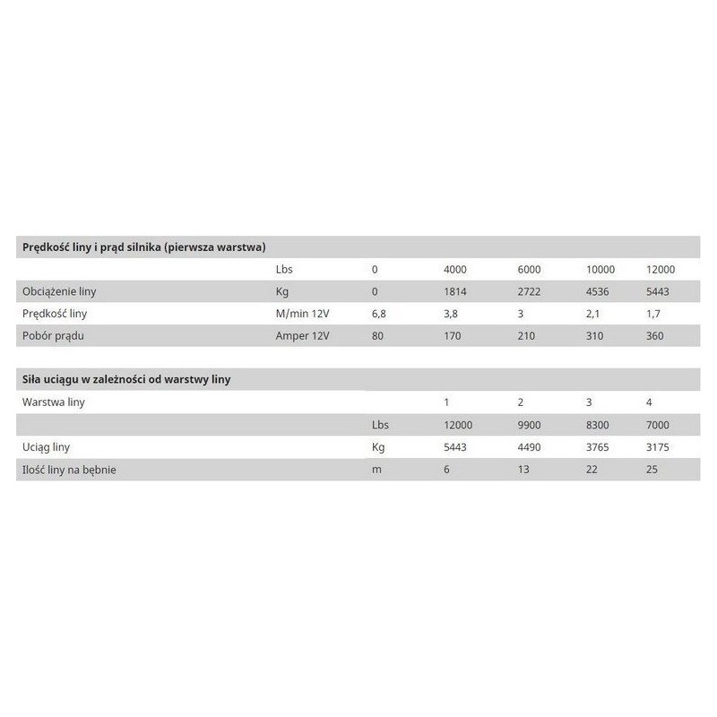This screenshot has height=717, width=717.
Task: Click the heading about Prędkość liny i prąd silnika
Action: click(x=143, y=246)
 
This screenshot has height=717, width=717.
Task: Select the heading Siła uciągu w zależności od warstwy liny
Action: click(x=126, y=379)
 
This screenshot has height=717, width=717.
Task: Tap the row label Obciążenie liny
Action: click(x=58, y=291)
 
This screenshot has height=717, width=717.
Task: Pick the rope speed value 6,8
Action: click(x=379, y=314)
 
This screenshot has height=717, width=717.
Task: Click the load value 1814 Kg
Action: click(x=456, y=291)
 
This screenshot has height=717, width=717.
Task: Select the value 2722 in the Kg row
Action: click(x=531, y=291)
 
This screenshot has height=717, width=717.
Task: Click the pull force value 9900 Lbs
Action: click(x=531, y=426)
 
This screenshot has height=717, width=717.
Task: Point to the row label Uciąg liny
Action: click(x=46, y=447)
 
